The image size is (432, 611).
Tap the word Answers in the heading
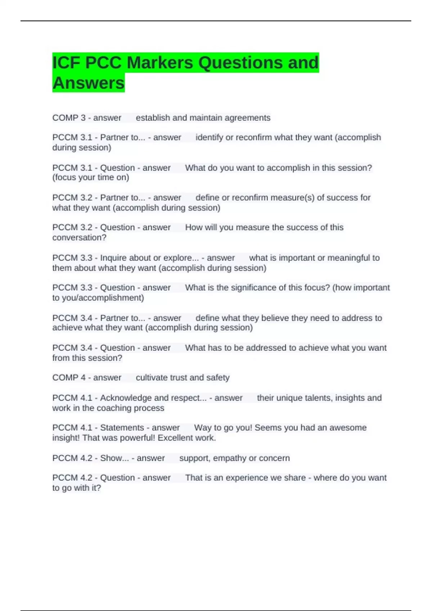coord(89,83)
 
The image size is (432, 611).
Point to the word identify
coord(209,138)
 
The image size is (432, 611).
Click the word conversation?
coord(79,238)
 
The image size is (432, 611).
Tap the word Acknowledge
coord(126,398)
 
